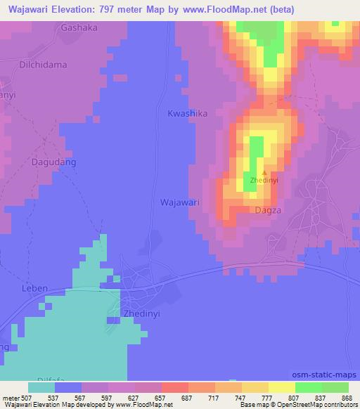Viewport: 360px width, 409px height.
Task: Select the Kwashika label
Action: tap(188, 112)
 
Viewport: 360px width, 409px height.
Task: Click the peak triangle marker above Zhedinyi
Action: tap(264, 172)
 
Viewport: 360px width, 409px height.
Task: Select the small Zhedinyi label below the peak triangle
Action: tap(264, 181)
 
